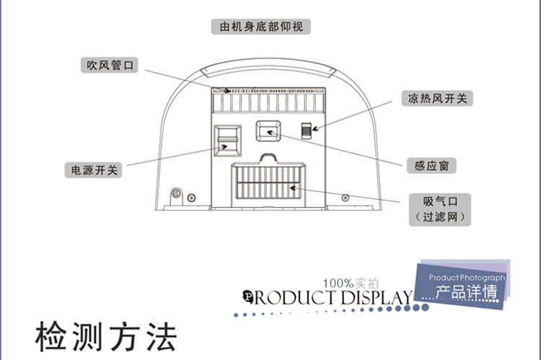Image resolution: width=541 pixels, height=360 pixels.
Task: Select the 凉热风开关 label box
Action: [x=436, y=98]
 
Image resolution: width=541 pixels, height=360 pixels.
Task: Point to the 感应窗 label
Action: [x=432, y=166]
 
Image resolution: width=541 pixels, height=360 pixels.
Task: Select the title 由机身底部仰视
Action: [x=260, y=27]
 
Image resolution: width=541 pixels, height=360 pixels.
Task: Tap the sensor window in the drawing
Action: [x=268, y=131]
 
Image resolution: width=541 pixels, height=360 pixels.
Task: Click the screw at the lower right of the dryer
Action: [x=345, y=198]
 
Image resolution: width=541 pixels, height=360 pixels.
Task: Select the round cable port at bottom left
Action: [x=175, y=195]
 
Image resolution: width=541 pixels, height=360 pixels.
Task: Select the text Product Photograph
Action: [x=467, y=278]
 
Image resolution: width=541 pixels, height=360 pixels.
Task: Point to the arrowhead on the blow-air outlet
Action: [x=228, y=91]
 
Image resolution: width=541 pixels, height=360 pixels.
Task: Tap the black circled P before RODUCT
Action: [x=249, y=296]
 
